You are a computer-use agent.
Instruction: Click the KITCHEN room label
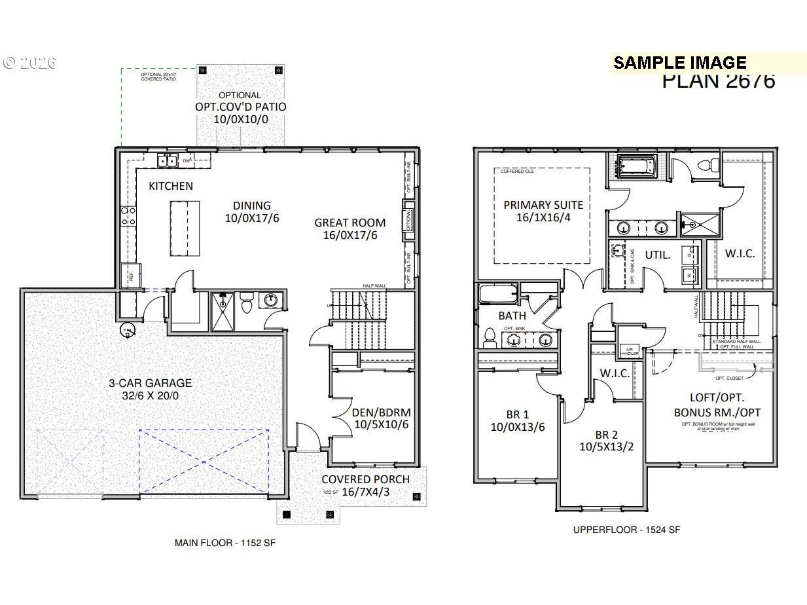tap(171, 186)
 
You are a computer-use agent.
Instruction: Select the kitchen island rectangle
tap(185, 229)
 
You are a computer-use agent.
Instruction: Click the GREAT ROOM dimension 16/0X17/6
tap(350, 236)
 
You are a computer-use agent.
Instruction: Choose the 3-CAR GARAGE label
tap(150, 383)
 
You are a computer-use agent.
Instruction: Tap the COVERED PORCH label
tap(365, 479)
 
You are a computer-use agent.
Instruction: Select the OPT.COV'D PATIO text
tap(240, 107)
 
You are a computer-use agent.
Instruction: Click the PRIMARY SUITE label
tap(543, 205)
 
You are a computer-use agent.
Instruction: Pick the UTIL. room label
tap(658, 255)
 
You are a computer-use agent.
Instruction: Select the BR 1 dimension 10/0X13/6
tap(518, 428)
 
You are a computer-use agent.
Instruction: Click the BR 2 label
tap(606, 435)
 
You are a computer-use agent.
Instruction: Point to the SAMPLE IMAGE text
tap(679, 63)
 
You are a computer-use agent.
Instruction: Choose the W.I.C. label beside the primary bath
tap(740, 253)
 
